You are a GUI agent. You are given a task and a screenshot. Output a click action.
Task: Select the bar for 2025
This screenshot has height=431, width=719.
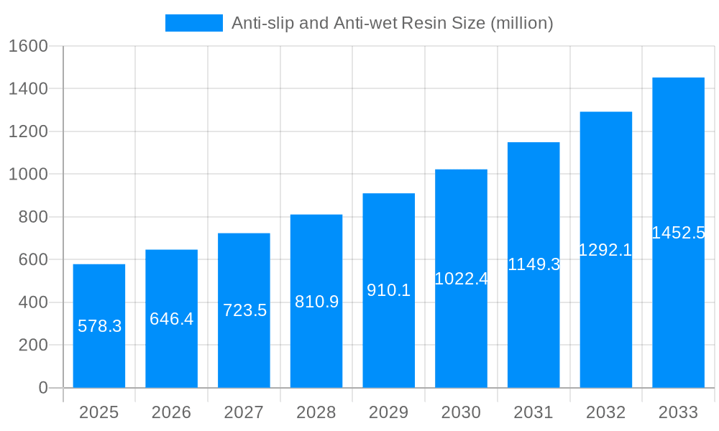click(x=99, y=326)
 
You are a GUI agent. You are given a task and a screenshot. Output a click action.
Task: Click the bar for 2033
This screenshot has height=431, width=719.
click(x=678, y=233)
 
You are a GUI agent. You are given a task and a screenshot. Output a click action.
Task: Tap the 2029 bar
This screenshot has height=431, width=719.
click(x=388, y=290)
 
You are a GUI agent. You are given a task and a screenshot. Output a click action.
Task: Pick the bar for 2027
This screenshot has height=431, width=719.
click(x=244, y=310)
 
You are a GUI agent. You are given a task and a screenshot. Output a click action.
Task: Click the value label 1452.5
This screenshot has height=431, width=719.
click(x=678, y=233)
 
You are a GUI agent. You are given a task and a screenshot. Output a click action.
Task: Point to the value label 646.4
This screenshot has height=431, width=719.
click(x=171, y=319)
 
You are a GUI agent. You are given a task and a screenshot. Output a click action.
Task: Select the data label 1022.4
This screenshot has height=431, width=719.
click(x=461, y=279)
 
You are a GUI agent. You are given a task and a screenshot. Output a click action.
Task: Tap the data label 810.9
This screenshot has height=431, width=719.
click(x=316, y=302)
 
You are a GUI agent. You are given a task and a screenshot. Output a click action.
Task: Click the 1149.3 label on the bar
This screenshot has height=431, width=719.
click(x=533, y=264)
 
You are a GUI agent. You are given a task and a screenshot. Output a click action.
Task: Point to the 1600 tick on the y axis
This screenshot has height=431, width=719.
click(x=28, y=46)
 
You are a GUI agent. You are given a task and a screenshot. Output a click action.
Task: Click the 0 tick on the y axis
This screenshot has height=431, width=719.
click(x=42, y=388)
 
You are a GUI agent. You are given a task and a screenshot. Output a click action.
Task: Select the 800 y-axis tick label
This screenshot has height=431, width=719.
click(x=33, y=217)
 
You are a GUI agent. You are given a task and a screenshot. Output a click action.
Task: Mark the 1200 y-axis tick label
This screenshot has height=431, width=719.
click(x=28, y=131)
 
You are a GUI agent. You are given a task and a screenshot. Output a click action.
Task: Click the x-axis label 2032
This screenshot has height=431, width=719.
click(x=605, y=412)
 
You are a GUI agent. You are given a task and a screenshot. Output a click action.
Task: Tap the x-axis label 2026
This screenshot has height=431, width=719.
click(x=171, y=412)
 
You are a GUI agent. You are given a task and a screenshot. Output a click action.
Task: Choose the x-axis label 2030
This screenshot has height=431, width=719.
click(x=461, y=412)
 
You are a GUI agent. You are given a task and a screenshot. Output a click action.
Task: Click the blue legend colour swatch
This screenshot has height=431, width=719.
click(x=194, y=23)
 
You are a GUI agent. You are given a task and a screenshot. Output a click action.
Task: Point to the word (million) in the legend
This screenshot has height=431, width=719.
click(x=521, y=23)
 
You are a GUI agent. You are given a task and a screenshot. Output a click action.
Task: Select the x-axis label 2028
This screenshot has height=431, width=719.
click(x=316, y=412)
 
